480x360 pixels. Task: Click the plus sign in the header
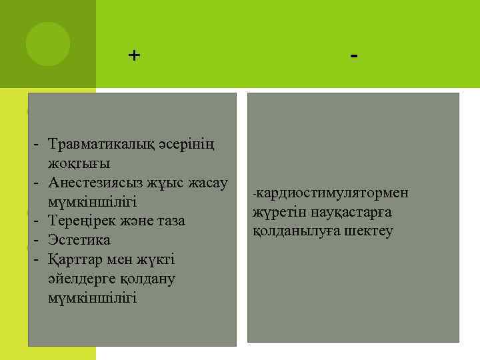click(x=135, y=55)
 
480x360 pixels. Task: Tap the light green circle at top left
click(x=48, y=44)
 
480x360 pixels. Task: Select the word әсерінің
click(x=191, y=144)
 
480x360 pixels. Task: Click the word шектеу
click(x=369, y=231)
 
